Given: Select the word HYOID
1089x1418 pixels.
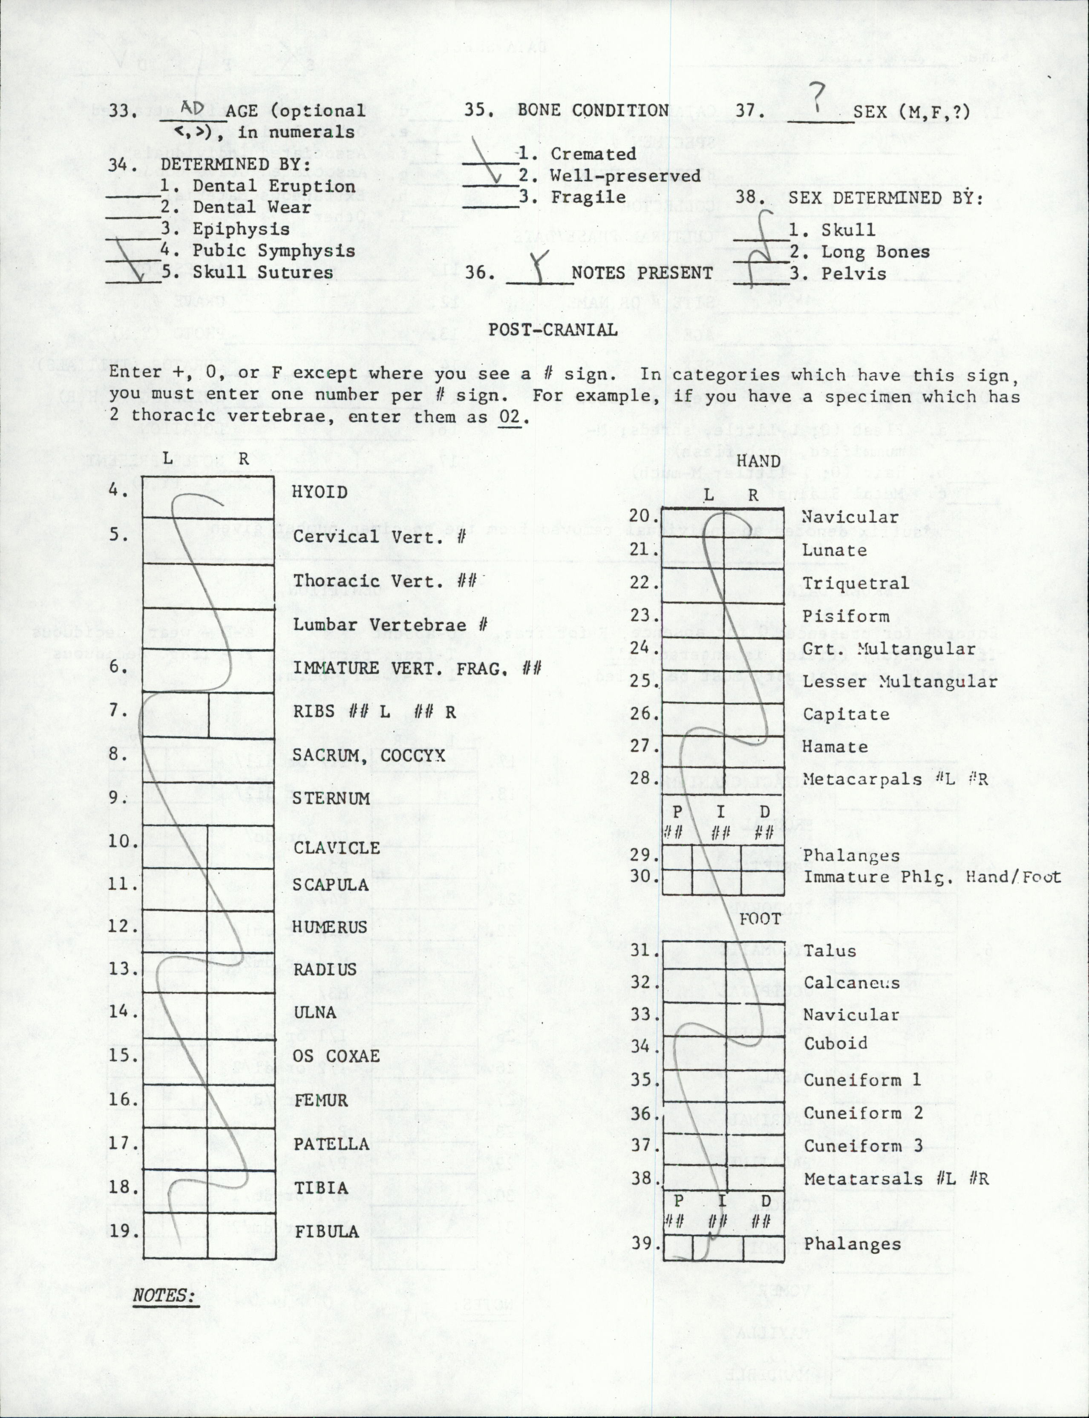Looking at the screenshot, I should pos(320,492).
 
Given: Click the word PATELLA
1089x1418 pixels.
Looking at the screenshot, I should pos(331,1144).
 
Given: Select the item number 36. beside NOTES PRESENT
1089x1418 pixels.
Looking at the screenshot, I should pos(480,273).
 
